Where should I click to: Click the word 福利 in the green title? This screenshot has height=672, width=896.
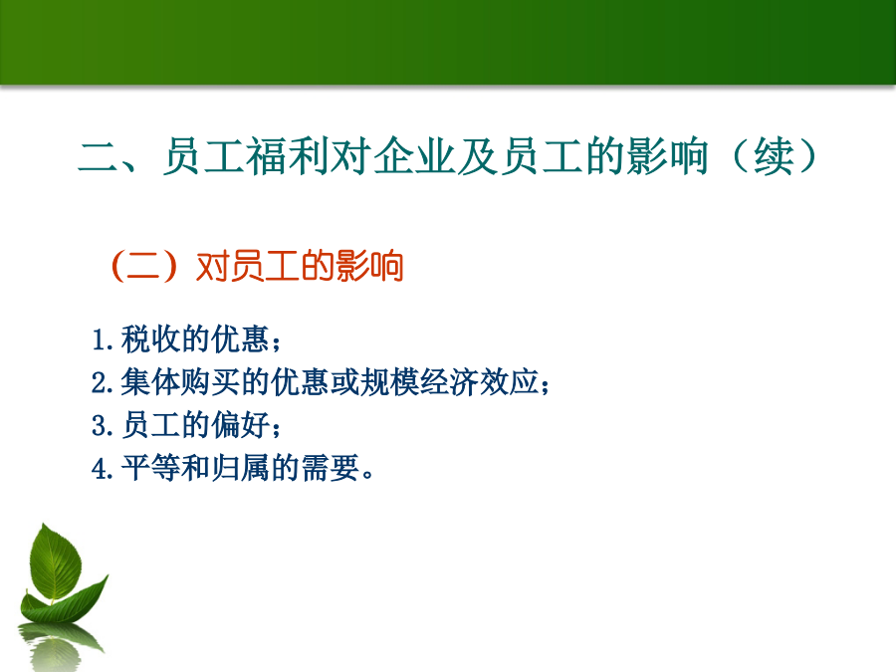287,156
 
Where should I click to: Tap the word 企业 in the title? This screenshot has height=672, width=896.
414,156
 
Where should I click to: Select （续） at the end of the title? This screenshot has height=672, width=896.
774,156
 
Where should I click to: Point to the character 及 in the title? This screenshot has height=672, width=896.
477,156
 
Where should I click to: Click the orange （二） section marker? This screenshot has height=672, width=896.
143,266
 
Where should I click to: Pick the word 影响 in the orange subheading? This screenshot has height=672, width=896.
369,266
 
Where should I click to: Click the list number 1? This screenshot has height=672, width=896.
101,339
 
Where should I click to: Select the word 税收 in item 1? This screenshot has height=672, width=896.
150,338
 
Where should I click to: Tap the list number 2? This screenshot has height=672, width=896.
101,382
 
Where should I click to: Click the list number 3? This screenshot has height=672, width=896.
101,426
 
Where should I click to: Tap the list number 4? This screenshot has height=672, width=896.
101,469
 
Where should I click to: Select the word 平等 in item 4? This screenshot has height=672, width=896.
150,469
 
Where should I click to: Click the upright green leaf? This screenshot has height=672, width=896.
55,562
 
